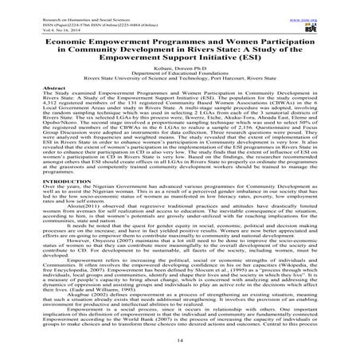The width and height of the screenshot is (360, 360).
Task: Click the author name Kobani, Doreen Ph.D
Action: pos(178,75)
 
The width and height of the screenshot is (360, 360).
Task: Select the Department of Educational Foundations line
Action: pos(178,80)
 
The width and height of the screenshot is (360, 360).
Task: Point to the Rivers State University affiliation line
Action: pos(178,86)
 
